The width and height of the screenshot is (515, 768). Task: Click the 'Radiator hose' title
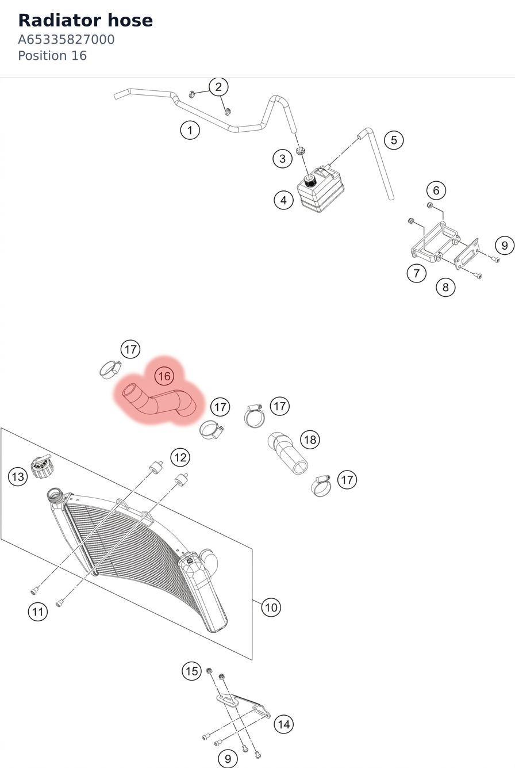coord(85,21)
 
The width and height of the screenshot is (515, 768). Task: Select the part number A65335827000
coord(66,40)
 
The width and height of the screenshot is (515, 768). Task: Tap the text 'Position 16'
coord(52,56)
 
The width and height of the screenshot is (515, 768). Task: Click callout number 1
coord(190,130)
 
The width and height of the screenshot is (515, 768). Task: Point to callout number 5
coord(394,140)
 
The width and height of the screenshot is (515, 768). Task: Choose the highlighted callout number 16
coord(164,376)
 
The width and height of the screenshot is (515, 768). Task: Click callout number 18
coord(310,440)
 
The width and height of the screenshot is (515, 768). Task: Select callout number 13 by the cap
coord(18,476)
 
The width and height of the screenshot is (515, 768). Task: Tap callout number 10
coord(271,607)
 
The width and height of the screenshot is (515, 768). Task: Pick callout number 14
coord(284,724)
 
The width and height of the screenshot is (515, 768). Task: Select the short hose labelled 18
coord(288,453)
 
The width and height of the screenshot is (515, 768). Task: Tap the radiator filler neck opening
coord(55,495)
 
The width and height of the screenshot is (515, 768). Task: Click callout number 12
coord(180,457)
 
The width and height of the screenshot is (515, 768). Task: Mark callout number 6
coord(436,190)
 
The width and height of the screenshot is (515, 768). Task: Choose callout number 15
coord(191,671)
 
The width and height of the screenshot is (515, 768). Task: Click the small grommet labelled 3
coord(301,151)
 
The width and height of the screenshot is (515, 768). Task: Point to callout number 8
coord(445,287)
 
